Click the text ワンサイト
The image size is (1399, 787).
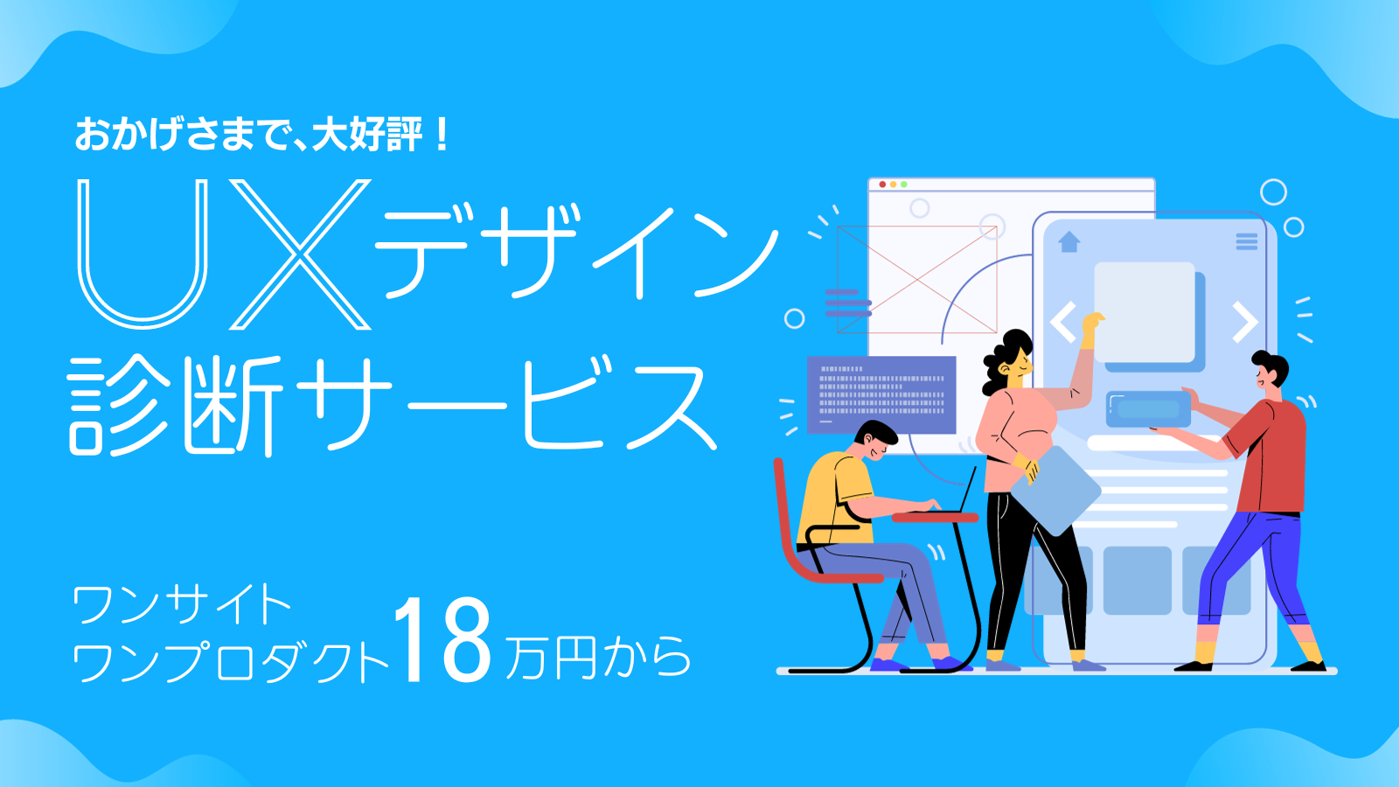[x=181, y=603]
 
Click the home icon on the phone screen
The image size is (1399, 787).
[x=1068, y=241]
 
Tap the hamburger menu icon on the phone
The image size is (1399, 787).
[x=1247, y=241]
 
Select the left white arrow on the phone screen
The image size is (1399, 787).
[x=1062, y=322]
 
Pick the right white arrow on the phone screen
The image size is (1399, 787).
[x=1245, y=323]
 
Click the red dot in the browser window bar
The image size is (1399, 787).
[x=882, y=185]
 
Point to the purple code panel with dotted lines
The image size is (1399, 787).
[x=881, y=394]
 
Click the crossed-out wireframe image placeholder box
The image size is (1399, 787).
[x=917, y=279]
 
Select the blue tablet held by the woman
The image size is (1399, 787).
[x=1056, y=491]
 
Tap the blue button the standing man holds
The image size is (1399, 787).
[x=1148, y=409]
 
